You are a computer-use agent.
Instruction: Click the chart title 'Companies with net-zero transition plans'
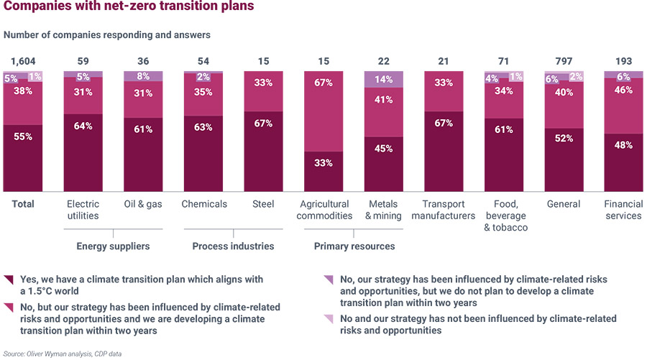coord(128,9)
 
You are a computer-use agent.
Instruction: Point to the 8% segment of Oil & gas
coord(143,75)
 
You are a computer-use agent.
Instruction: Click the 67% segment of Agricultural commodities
coord(323,111)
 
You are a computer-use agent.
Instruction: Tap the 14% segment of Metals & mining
coord(384,80)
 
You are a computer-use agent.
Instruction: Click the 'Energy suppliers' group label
coord(113,246)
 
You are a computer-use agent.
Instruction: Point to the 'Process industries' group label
coord(233,246)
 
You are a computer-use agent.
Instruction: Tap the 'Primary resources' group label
coord(354,246)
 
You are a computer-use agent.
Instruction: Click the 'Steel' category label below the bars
coord(263,204)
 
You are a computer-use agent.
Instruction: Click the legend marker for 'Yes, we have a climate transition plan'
coord(8,279)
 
